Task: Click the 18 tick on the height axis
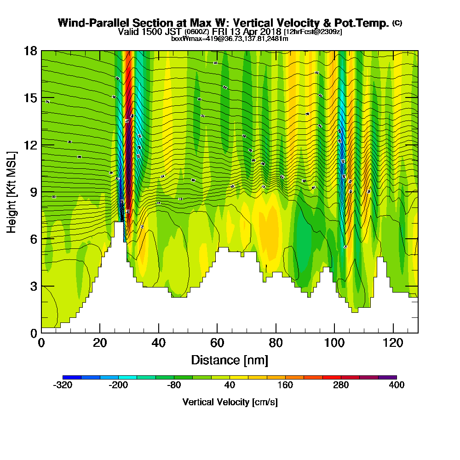pos(31,51)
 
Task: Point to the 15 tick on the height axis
pos(31,98)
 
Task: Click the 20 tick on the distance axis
pos(100,343)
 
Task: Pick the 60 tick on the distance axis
pos(217,343)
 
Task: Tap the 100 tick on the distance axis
pos(334,343)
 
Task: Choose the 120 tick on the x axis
pos(393,343)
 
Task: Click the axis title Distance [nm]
pos(230,360)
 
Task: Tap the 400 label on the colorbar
pos(397,385)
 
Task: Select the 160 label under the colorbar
pos(285,385)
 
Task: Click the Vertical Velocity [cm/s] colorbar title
pos(230,402)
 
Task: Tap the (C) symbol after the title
pos(397,23)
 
